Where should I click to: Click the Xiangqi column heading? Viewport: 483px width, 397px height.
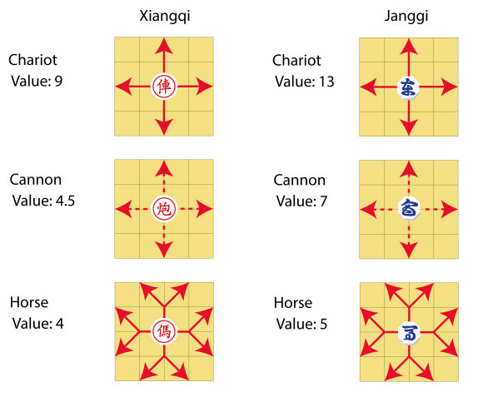click(x=163, y=16)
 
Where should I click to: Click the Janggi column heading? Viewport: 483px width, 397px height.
click(x=408, y=16)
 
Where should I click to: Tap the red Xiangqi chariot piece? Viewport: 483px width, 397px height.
click(x=163, y=85)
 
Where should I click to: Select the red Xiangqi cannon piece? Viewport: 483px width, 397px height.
click(x=163, y=209)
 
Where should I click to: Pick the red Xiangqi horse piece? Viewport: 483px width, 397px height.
click(x=163, y=331)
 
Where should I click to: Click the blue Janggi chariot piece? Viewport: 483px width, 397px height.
click(x=408, y=85)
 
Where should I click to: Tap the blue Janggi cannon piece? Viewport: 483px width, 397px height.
click(x=408, y=208)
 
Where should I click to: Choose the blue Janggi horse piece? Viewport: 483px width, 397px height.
click(x=408, y=331)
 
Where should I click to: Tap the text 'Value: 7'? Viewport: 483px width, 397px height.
click(x=301, y=201)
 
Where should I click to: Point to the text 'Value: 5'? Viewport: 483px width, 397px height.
click(x=301, y=323)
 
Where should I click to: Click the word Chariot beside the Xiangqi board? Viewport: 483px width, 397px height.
click(x=33, y=60)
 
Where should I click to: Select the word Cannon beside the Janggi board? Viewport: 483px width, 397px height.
click(x=300, y=181)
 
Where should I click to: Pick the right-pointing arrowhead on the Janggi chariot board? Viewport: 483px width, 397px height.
click(x=451, y=85)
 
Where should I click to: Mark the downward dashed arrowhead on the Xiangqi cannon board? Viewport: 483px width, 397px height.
click(x=163, y=250)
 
